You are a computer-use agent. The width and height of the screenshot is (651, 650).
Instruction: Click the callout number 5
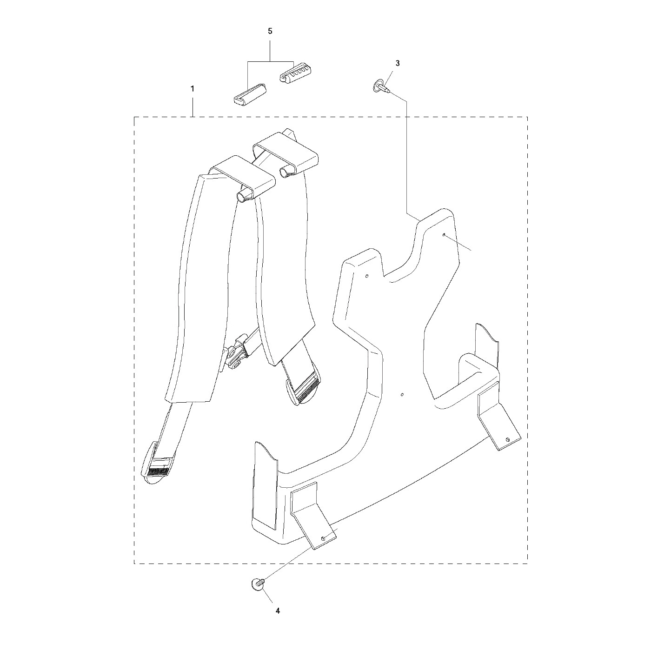tap(270, 31)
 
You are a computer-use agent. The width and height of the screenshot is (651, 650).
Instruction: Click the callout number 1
tap(193, 88)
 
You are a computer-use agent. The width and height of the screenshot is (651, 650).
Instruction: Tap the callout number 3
tap(397, 63)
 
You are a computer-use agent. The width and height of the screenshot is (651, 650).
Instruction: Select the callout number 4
tap(278, 610)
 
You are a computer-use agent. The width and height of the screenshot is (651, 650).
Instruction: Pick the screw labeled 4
tap(257, 582)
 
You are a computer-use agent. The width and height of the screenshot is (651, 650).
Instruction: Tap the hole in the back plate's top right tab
tap(444, 235)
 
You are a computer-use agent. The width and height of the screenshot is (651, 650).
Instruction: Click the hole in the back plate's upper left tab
tap(367, 276)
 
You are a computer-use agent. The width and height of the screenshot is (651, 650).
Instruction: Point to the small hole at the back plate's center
tap(402, 395)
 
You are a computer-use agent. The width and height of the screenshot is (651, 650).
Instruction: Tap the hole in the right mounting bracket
tap(507, 439)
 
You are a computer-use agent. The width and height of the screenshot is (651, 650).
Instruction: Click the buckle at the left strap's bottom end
tap(157, 467)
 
